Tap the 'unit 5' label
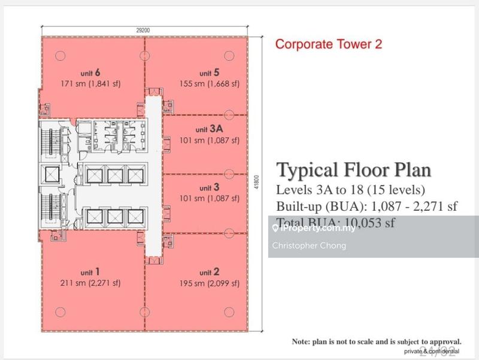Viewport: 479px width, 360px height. (x=209, y=73)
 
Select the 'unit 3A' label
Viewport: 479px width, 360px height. (x=209, y=129)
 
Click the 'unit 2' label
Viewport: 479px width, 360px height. (x=209, y=272)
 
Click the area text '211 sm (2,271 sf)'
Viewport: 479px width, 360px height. (x=91, y=283)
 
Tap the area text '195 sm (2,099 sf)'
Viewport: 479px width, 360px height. (x=209, y=283)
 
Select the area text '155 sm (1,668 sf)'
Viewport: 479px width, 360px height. (x=209, y=84)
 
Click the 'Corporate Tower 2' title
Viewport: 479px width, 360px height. (x=328, y=44)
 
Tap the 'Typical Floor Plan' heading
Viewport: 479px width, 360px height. (x=353, y=170)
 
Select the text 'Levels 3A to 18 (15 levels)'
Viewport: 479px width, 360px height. (x=351, y=190)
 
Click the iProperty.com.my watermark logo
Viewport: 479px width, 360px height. (x=313, y=228)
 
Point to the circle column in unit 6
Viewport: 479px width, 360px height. (x=60, y=56)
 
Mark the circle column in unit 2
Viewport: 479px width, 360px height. (x=228, y=311)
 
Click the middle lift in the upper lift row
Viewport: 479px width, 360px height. (x=114, y=175)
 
